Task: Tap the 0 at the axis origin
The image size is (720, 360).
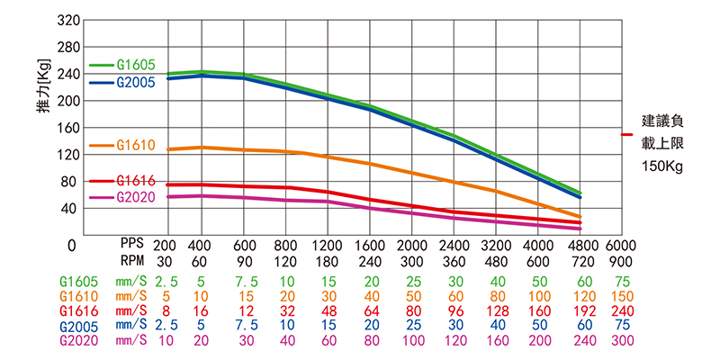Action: coord(70,244)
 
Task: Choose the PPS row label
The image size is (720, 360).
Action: coord(133,244)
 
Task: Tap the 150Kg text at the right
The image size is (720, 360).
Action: coord(664,166)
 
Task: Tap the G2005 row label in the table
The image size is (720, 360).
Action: coord(78,325)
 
